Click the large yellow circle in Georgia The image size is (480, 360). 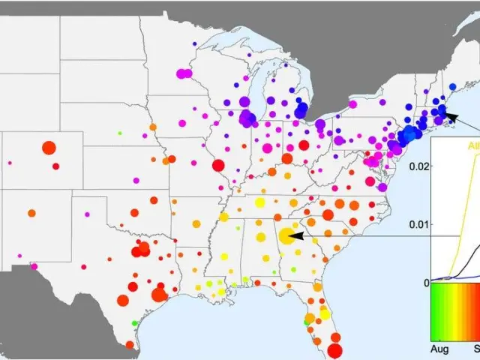click(286, 236)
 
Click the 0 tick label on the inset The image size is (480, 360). click(427, 283)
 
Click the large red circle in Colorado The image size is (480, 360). click(49, 148)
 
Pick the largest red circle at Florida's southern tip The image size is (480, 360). click(334, 350)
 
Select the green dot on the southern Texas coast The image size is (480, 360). click(135, 323)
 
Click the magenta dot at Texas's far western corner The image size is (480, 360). click(34, 265)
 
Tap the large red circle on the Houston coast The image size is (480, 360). click(159, 294)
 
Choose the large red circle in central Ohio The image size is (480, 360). click(286, 159)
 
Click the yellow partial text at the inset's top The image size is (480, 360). click(472, 145)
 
